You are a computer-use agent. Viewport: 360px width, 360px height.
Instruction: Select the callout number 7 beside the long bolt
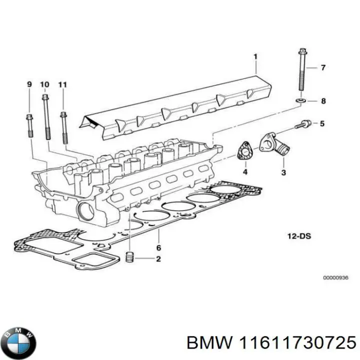323,67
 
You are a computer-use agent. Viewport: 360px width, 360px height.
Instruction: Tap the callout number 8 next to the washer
323,101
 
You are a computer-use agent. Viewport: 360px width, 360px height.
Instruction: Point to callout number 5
322,123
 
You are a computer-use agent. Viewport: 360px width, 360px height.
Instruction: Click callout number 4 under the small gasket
245,172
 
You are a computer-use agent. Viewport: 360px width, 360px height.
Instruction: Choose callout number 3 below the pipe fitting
283,172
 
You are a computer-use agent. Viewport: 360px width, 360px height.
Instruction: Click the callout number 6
158,247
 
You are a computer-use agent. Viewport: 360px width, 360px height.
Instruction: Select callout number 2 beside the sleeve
158,259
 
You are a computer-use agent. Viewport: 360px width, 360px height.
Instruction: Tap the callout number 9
28,84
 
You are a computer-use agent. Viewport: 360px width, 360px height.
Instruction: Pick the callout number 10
44,84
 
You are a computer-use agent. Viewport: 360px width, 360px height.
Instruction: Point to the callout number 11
62,84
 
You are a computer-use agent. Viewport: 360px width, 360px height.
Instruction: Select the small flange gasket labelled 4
244,151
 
